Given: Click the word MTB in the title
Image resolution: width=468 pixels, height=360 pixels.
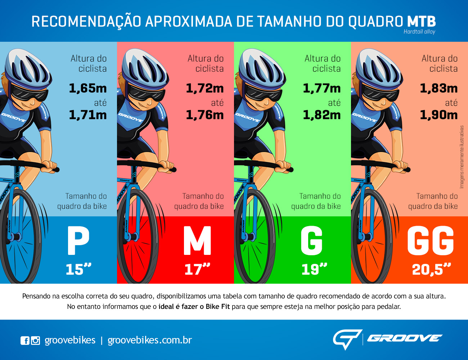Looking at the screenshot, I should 421,21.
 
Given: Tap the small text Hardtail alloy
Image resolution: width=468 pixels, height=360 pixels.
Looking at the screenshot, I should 419,32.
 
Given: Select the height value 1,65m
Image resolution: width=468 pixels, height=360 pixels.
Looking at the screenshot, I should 88,88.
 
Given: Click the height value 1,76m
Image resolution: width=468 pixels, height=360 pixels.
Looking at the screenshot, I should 205,115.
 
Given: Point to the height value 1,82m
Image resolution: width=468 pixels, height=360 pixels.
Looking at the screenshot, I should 322,115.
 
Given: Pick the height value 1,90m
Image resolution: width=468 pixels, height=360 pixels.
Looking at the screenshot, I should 439,115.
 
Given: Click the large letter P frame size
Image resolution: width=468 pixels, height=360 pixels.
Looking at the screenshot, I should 78,241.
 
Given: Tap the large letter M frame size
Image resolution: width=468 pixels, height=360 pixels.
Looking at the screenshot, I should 197,241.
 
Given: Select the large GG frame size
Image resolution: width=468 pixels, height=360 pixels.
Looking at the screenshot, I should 431,241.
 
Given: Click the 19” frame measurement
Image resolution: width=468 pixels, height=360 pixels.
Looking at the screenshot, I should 314,269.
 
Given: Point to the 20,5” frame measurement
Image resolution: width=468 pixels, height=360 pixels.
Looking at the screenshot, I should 431,269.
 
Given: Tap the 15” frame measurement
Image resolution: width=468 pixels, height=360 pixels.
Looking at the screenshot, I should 78,269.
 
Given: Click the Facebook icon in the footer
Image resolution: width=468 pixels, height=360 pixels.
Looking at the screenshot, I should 25,341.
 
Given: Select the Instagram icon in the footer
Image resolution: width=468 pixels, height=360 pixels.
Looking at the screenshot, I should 36,341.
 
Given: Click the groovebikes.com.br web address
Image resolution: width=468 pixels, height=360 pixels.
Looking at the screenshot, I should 150,340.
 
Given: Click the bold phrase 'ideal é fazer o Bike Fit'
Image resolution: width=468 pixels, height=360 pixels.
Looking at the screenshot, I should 194,307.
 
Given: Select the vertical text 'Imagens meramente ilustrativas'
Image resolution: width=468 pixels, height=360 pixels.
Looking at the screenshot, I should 462,157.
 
